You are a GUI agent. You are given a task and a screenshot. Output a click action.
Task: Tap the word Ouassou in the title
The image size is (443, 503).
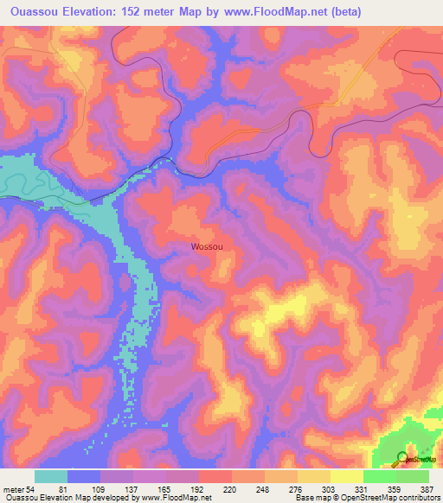(x=34, y=12)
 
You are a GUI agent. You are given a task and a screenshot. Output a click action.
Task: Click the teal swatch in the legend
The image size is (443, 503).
(x=51, y=476)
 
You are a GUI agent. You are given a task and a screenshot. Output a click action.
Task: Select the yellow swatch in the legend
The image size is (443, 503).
(x=314, y=476)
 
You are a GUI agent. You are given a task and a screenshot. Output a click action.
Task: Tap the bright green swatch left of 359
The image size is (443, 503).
(x=380, y=476)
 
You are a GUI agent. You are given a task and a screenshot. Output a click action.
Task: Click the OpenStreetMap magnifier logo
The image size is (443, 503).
(x=401, y=458)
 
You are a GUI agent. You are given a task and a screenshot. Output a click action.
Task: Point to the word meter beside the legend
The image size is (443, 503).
(x=13, y=488)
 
